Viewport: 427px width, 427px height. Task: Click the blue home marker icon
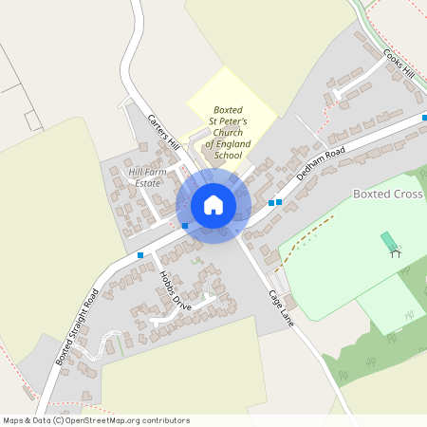(x=213, y=205)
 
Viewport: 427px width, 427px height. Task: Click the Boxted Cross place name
(x=387, y=194)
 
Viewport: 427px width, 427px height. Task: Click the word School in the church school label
(x=229, y=155)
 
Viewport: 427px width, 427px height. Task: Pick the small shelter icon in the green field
(x=395, y=252)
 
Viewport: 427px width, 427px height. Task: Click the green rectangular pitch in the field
(x=389, y=240)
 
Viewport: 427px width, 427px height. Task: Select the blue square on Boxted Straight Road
(x=140, y=255)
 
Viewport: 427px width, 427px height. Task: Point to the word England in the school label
(x=232, y=143)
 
